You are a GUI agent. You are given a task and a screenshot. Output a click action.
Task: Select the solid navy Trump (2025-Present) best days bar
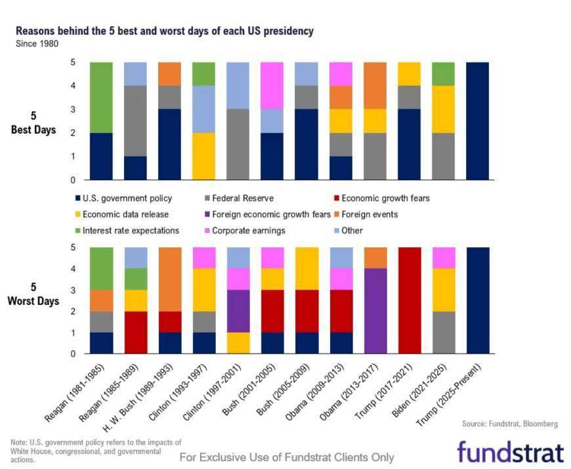click(478, 121)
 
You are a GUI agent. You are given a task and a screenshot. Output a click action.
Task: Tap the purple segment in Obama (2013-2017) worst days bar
click(375, 311)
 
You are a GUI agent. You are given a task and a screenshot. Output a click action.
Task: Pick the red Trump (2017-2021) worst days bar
click(409, 300)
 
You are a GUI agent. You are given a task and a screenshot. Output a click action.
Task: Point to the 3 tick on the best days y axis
click(74, 109)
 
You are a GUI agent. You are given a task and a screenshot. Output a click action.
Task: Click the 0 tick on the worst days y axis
click(74, 354)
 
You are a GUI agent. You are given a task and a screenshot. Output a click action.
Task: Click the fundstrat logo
click(510, 452)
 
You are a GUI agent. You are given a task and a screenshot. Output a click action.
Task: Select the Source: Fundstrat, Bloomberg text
click(509, 424)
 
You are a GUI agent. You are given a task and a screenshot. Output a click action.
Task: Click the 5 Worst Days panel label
click(33, 295)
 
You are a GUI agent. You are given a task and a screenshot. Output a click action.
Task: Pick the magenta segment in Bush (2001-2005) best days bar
click(272, 85)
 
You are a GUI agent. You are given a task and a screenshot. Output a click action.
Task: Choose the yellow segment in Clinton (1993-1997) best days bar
click(203, 155)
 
